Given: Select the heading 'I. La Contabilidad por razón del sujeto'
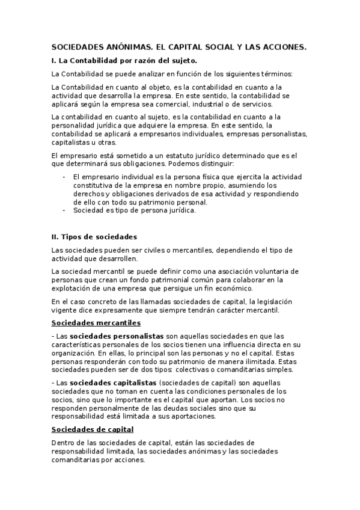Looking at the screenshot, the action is point(124,61).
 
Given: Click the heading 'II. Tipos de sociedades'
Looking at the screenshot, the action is point(94,236).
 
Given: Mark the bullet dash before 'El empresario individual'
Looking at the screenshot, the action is point(64,177).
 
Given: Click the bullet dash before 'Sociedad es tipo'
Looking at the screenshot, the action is point(64,210).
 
